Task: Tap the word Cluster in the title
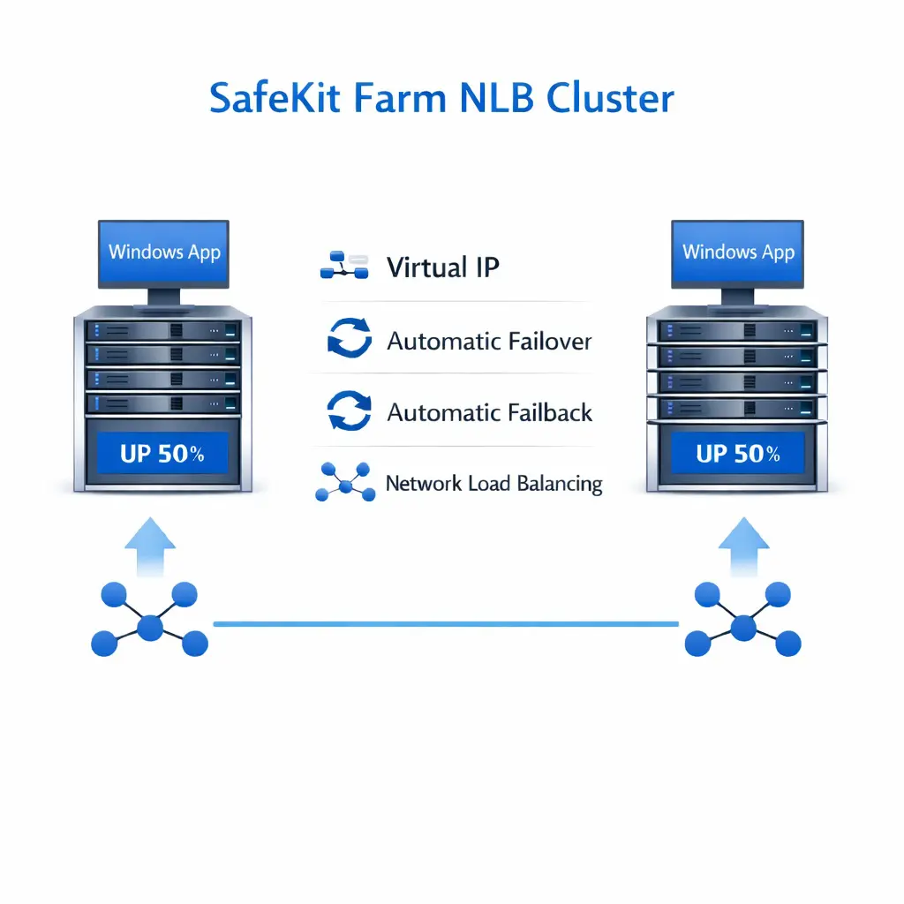(x=610, y=98)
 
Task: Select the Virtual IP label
(x=443, y=267)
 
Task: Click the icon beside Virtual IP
(x=343, y=267)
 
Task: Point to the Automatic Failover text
(x=489, y=341)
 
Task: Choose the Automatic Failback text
(x=490, y=412)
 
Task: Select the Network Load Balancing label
(x=493, y=484)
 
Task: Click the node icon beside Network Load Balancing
(x=344, y=482)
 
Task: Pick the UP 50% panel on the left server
(x=162, y=455)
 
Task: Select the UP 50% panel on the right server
(x=738, y=455)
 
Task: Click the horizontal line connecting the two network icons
(x=446, y=624)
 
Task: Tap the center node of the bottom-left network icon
(x=150, y=627)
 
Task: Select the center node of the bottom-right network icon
(x=743, y=627)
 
